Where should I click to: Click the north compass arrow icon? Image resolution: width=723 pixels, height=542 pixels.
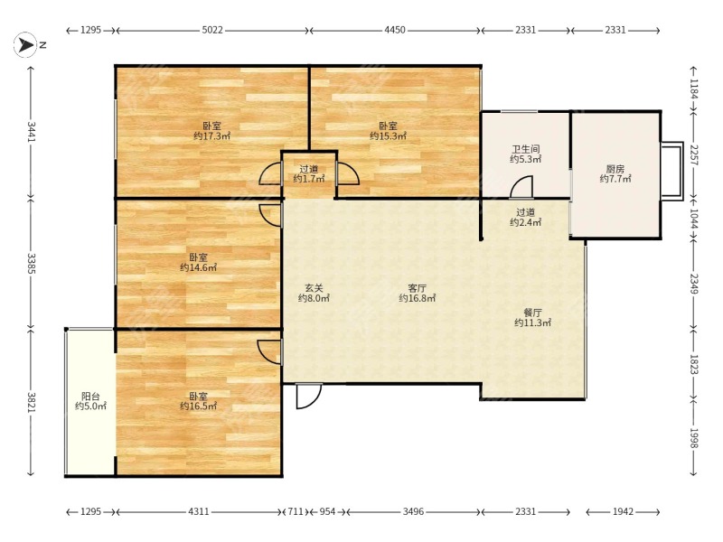25,44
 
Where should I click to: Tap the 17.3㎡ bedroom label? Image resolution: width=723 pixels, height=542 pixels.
211,131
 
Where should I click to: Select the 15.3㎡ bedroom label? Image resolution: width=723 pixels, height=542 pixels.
388,131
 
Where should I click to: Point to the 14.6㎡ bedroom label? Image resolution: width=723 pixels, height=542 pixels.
198,262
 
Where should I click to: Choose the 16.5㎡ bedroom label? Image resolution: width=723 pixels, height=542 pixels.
198,401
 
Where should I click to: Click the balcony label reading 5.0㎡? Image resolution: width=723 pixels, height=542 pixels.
91,401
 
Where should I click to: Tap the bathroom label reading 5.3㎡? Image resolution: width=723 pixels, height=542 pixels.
526,154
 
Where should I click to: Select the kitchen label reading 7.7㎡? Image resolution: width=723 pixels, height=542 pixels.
615,173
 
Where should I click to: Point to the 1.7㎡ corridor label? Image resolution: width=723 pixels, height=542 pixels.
309,173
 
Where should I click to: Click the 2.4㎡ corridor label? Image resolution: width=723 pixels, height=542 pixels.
526,217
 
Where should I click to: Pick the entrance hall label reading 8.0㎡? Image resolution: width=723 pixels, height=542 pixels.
314,293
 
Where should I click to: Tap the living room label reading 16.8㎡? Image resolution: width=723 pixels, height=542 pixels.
417,293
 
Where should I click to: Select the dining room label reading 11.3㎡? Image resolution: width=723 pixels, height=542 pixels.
532,318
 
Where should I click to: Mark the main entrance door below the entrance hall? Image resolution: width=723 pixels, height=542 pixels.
308,397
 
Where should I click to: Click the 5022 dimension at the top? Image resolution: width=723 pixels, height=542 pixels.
212,30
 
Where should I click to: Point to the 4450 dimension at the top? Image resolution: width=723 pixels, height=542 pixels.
395,30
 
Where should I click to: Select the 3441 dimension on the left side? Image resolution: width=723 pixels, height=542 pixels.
31,132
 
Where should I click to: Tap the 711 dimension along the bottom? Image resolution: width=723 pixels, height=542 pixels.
296,511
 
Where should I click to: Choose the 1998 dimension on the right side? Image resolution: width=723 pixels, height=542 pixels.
694,438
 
